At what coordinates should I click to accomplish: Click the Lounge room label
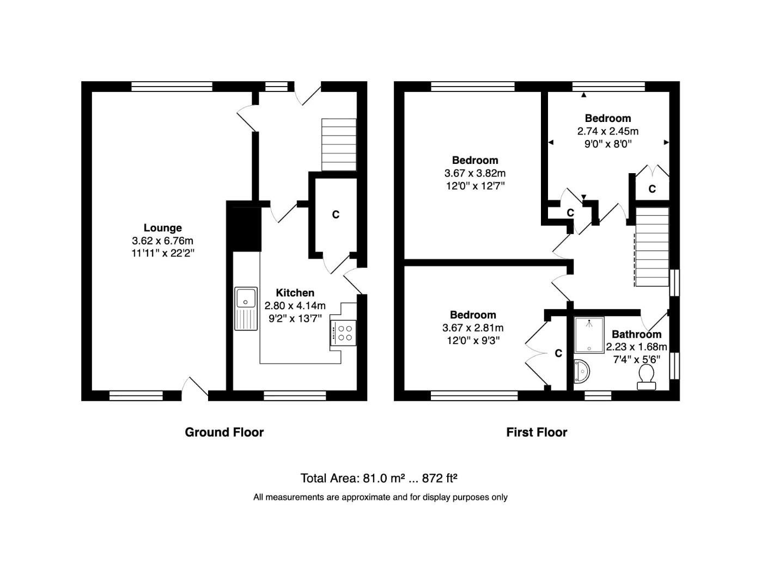click(x=162, y=228)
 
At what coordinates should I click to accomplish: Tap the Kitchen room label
click(x=295, y=293)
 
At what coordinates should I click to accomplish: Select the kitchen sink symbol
click(x=246, y=309)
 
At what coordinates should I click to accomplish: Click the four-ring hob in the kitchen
click(x=344, y=333)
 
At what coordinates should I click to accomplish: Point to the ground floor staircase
click(x=339, y=145)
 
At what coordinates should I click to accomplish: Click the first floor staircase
click(x=652, y=247)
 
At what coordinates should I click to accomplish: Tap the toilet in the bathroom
click(x=646, y=377)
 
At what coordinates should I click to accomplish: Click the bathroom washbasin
click(x=582, y=372)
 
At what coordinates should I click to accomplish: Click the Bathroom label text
click(x=636, y=334)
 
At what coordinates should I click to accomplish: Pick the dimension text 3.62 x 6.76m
click(x=162, y=241)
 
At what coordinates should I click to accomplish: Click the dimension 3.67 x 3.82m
click(x=474, y=173)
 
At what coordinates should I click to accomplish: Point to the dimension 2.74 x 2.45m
click(x=607, y=131)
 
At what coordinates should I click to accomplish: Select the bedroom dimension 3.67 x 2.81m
click(x=472, y=328)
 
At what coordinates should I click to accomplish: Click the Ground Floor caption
click(x=224, y=432)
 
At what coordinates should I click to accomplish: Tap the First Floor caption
click(x=537, y=432)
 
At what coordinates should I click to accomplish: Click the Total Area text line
click(x=379, y=479)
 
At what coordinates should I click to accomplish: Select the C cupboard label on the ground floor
click(x=336, y=215)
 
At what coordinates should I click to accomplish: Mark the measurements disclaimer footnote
click(x=380, y=497)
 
